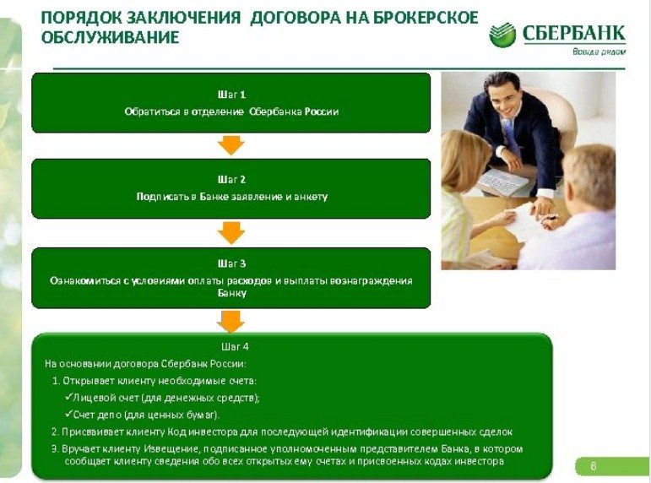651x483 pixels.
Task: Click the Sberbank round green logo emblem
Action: [x=502, y=35]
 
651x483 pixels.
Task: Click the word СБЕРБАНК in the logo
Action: [x=573, y=33]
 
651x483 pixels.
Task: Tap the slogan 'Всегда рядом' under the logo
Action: [x=599, y=52]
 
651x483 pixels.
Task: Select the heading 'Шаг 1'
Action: [x=231, y=95]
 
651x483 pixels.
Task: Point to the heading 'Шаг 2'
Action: [x=231, y=180]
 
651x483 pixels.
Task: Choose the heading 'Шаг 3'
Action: [x=231, y=263]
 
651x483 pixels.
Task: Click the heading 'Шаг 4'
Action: [x=235, y=347]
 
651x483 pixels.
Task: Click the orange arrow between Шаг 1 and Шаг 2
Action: [x=231, y=145]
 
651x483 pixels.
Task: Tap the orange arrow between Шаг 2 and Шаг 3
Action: [x=231, y=233]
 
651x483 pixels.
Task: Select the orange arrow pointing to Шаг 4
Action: [x=231, y=322]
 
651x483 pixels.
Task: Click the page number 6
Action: [x=594, y=466]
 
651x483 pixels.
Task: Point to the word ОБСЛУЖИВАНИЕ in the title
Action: [x=110, y=37]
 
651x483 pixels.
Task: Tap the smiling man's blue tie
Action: [x=509, y=136]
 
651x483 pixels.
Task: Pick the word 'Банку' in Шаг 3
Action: [x=231, y=293]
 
